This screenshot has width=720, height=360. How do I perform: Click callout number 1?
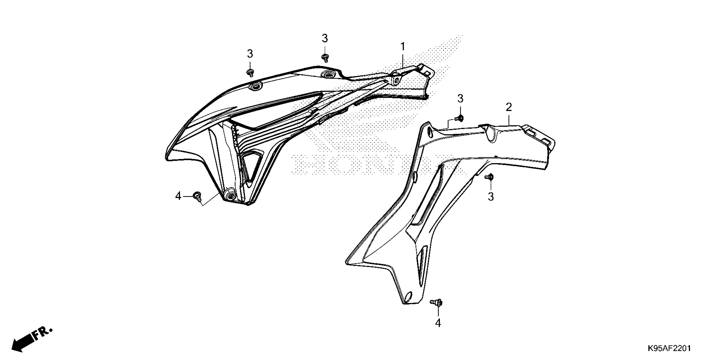[x=403, y=47]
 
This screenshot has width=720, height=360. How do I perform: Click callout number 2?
[x=508, y=107]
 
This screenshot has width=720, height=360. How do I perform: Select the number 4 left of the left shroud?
[x=178, y=196]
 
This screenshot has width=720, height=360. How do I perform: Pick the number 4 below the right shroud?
[x=438, y=323]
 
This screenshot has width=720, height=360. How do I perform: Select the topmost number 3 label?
[x=324, y=38]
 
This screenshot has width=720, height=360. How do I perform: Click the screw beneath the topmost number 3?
[x=325, y=58]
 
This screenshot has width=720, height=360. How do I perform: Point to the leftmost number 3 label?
[x=250, y=53]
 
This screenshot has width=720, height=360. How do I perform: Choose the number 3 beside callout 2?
[x=460, y=98]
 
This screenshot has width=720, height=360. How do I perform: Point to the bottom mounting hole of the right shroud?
[x=408, y=296]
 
